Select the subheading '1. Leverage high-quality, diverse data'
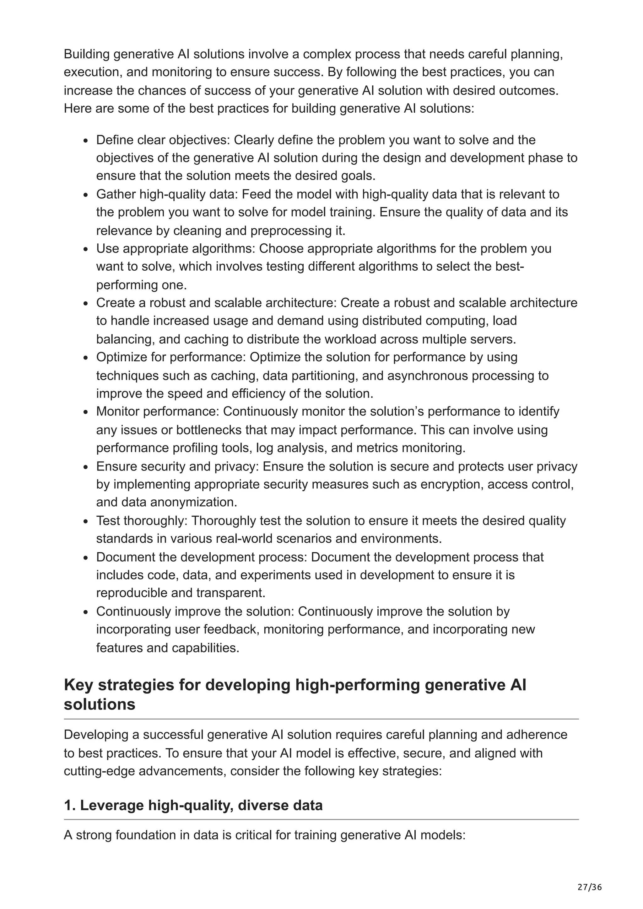click(x=193, y=805)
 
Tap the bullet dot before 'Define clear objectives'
click(x=86, y=141)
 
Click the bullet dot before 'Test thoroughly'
click(x=86, y=521)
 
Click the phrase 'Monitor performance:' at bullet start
click(x=158, y=412)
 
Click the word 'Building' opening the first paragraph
click(x=87, y=54)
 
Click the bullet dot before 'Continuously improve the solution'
click(x=86, y=612)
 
